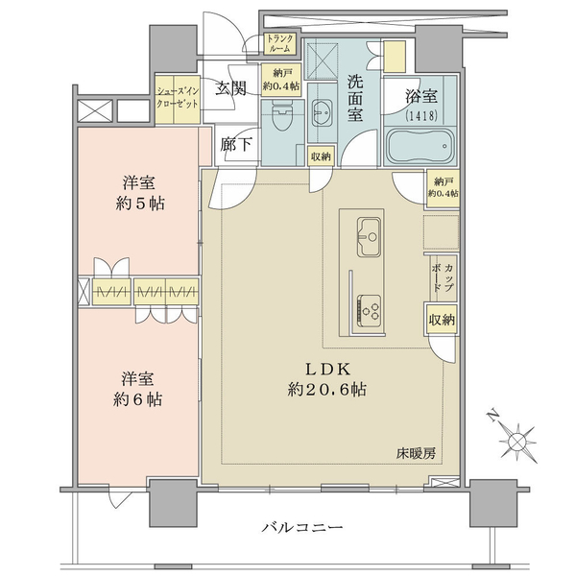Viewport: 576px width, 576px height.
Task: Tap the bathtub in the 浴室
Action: [421, 147]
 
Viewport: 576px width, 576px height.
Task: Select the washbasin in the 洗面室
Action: [323, 112]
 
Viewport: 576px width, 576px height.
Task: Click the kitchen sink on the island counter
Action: [369, 237]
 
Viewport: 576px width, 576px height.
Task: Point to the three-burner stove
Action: [369, 310]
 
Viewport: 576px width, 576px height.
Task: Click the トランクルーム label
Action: [280, 43]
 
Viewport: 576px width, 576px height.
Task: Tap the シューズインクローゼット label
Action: [178, 97]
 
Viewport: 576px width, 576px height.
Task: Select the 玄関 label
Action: [230, 88]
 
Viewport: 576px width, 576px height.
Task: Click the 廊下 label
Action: [236, 144]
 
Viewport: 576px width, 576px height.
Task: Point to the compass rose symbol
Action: [518, 440]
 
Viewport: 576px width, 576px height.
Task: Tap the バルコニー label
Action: [302, 528]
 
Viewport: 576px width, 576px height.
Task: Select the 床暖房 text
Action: [416, 454]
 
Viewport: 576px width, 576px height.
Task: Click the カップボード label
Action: [443, 278]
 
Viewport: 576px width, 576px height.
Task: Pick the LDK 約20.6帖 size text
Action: [326, 379]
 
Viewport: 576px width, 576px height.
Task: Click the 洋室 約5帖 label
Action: [139, 193]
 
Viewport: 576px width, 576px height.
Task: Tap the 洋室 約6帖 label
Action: [137, 390]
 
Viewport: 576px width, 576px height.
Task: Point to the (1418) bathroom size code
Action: [421, 116]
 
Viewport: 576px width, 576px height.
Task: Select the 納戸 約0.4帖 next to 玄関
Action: [281, 80]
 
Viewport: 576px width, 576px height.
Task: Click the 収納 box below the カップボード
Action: [442, 320]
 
